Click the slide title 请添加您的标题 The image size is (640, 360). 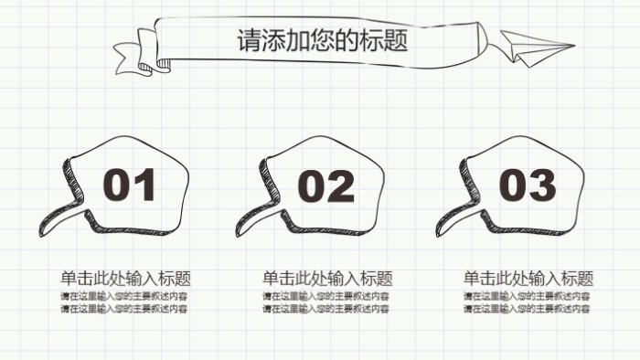pos(322,41)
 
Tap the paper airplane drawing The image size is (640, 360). pos(534,47)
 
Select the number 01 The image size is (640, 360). pos(129,185)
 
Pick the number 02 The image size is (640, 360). pos(326,186)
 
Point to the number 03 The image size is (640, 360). pos(528,185)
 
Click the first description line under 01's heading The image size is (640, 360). pos(124,297)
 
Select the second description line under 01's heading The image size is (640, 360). pos(124,309)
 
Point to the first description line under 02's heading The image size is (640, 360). pos(326,297)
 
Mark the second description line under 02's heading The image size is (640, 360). pos(326,309)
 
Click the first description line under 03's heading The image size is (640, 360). pos(527,297)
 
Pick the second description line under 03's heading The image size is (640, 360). pos(527,309)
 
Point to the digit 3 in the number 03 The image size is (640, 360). pos(542,185)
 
